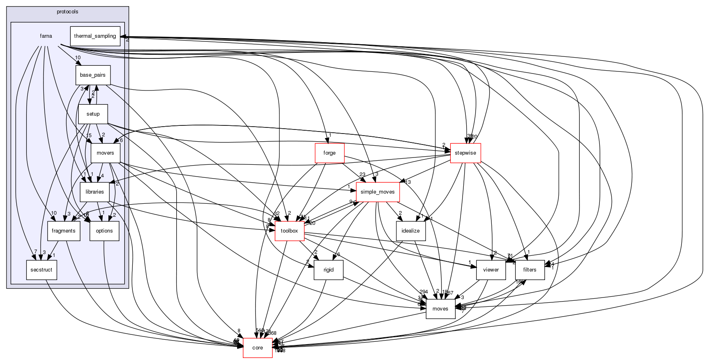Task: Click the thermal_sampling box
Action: (95, 36)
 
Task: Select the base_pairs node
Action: (93, 75)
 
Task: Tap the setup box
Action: (93, 114)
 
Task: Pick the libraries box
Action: (95, 192)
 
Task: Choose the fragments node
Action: (64, 231)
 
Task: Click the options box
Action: (104, 231)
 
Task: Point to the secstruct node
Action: (41, 270)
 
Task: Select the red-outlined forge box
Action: (329, 153)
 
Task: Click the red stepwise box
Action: (465, 153)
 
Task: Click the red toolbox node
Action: (290, 231)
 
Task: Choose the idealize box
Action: (411, 231)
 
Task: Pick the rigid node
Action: (329, 270)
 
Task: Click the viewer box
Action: (491, 270)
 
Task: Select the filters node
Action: (530, 270)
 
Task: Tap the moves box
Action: (440, 309)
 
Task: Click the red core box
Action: (257, 348)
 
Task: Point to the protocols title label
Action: (67, 12)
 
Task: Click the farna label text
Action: (46, 36)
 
